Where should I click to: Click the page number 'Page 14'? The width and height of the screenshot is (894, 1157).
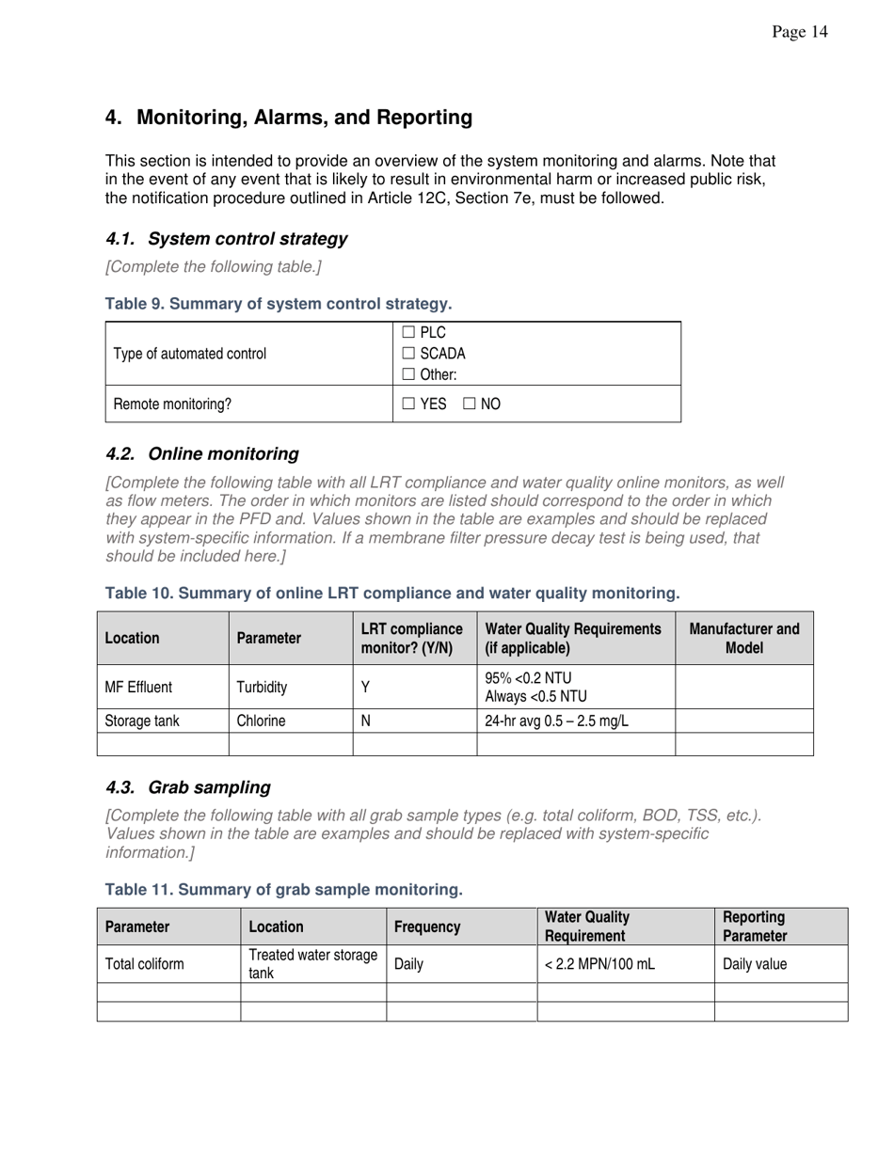799,33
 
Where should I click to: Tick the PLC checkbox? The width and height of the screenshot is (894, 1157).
408,333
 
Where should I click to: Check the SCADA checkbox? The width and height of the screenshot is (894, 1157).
408,354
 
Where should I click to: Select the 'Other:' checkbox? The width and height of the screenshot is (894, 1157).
408,374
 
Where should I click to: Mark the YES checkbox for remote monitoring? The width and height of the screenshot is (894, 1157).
408,404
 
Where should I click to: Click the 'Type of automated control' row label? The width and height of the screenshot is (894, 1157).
189,354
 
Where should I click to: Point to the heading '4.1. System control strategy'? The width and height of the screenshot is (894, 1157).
226,239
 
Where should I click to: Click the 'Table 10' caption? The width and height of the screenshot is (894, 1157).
391,594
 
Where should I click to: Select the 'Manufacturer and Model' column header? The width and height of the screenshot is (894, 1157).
744,638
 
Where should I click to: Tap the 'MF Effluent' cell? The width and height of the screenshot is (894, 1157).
138,688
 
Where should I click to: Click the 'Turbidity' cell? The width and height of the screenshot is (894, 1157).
262,688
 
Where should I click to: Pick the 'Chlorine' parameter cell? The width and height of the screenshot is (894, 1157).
261,721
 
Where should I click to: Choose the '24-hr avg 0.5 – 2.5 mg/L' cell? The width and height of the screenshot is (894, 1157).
555,721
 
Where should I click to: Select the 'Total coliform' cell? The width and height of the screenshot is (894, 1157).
144,964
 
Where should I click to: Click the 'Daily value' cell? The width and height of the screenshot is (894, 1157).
755,964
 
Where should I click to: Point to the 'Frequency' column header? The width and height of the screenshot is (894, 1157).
427,927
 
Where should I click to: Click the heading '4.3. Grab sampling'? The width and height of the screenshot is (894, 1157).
188,787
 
